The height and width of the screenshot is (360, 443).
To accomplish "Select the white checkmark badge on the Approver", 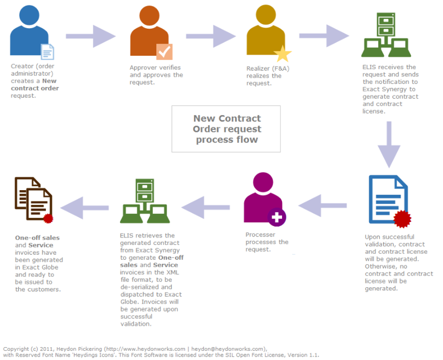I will coord(164,51).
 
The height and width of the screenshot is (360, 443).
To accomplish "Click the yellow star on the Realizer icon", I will coord(282,54).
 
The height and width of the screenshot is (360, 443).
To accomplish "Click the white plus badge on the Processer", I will coord(277,217).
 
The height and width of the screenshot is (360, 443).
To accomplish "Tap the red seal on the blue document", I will coord(403,218).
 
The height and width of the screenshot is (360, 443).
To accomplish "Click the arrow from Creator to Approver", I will coord(90,36).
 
